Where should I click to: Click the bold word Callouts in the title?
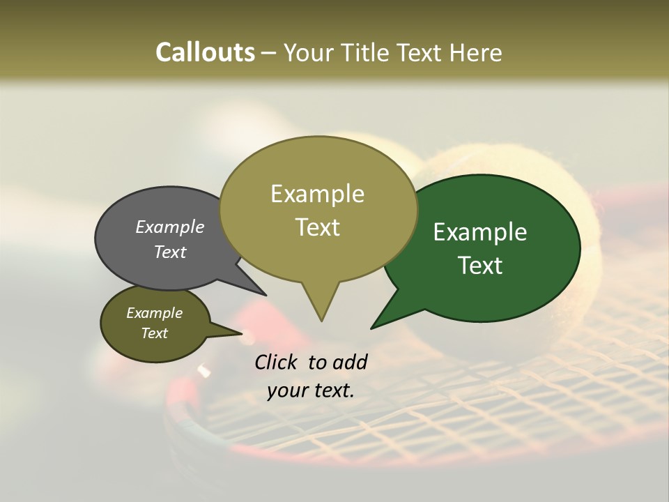(x=205, y=52)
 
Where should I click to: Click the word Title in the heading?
(x=367, y=52)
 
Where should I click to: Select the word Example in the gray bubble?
(x=170, y=227)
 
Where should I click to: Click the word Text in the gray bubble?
(x=170, y=252)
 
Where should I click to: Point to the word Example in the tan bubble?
(x=317, y=194)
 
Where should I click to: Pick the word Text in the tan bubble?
(x=318, y=227)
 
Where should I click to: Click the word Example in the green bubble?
(x=480, y=231)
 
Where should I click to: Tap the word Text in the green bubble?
(x=480, y=265)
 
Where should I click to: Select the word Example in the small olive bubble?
(x=155, y=313)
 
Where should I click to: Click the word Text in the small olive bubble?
(x=155, y=333)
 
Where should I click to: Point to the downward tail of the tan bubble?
(x=321, y=307)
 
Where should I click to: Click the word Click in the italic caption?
(x=277, y=362)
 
